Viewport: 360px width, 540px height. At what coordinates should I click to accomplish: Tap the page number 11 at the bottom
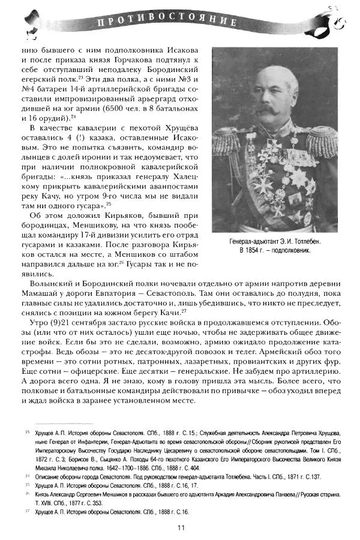click(181, 527)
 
